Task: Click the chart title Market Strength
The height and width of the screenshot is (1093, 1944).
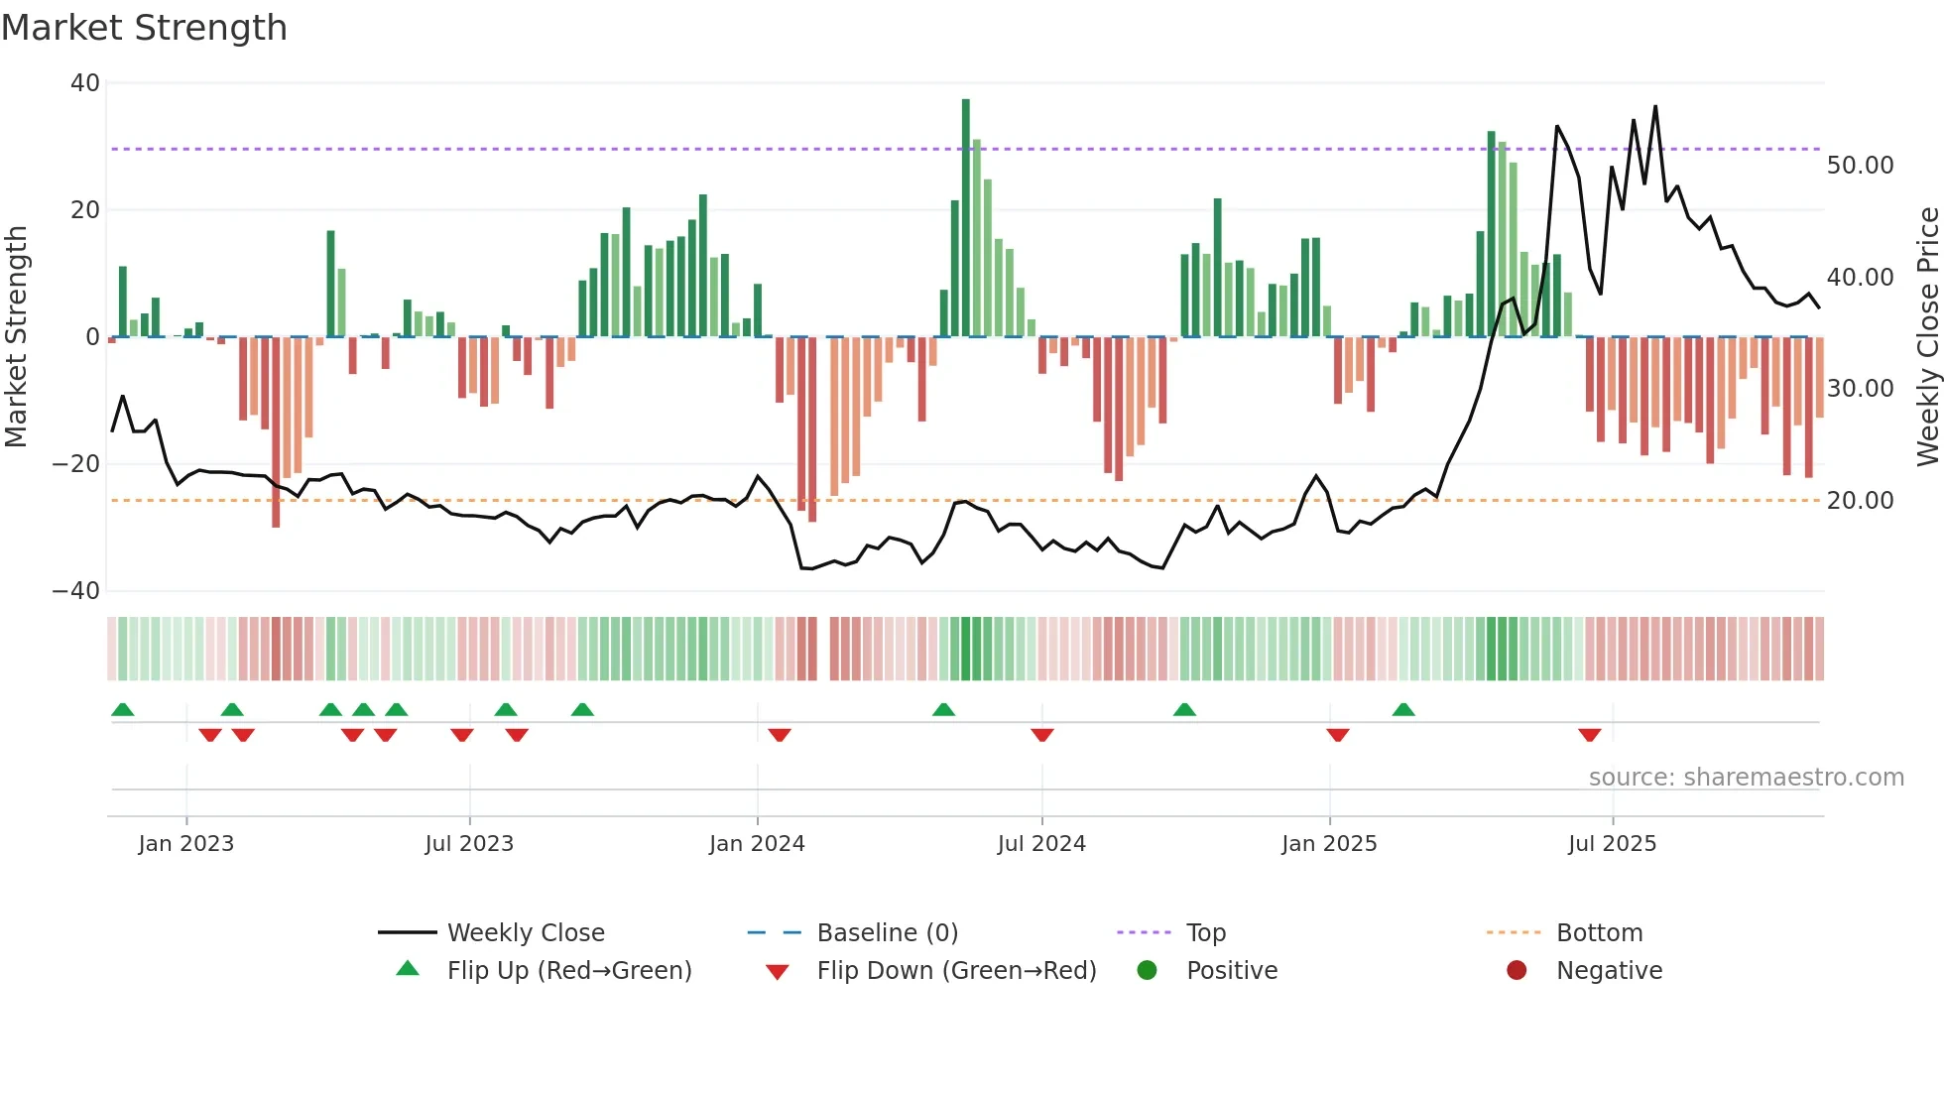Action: click(144, 28)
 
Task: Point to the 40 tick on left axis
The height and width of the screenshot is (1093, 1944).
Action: click(85, 83)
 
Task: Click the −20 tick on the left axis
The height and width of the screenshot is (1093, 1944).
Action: click(76, 464)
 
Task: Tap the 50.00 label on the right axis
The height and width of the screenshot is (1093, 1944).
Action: click(1860, 166)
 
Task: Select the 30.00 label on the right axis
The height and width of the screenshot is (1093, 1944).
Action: click(1860, 389)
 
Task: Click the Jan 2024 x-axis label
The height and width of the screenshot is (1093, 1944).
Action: click(757, 844)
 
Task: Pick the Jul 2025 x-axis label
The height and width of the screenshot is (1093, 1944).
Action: click(1612, 844)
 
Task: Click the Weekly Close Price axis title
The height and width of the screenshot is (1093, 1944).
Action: click(1927, 337)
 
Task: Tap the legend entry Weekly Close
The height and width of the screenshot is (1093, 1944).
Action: click(525, 933)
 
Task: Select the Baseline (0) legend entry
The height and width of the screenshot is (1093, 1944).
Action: click(887, 933)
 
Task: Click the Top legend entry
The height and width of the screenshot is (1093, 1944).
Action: click(1206, 933)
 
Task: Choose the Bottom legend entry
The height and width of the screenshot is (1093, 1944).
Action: click(1599, 933)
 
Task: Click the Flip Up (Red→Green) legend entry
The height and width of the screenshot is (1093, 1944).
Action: click(568, 971)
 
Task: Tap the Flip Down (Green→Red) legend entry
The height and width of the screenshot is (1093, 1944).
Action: click(956, 971)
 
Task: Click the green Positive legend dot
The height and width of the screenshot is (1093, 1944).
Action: click(1148, 971)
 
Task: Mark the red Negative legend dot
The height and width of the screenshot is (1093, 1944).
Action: click(1517, 971)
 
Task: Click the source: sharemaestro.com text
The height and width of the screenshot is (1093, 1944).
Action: click(1746, 778)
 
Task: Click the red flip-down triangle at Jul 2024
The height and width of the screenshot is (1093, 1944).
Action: click(1041, 735)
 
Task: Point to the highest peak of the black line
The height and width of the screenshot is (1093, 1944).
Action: click(1655, 107)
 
